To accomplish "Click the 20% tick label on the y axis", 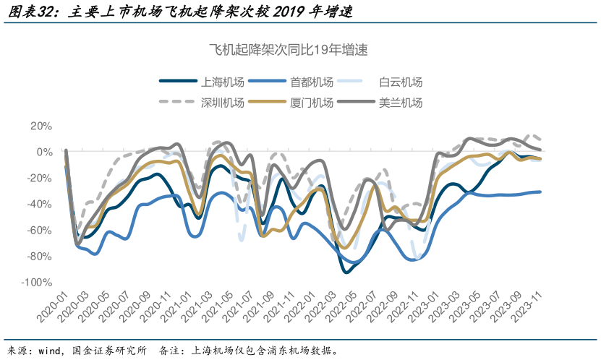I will coord(41,126).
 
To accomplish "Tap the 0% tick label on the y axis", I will coord(44,152).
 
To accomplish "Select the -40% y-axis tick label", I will coord(40,204).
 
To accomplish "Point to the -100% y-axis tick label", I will coord(38,282).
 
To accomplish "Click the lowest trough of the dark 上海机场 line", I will coord(348,272).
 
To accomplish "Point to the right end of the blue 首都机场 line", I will coord(540,192).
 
